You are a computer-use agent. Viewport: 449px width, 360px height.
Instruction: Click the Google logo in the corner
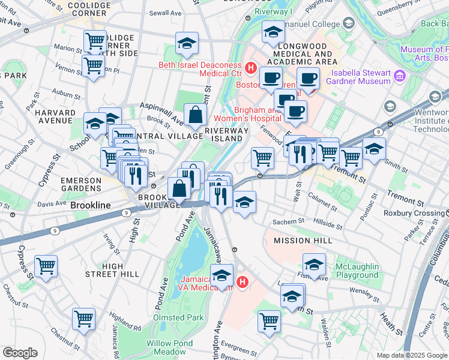pyautogui.click(x=19, y=353)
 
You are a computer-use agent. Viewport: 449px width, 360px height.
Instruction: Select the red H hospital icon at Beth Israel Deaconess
pyautogui.click(x=251, y=68)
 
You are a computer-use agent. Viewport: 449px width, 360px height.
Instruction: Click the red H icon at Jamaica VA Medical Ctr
pyautogui.click(x=243, y=281)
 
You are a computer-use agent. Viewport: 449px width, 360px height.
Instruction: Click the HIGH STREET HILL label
pyautogui.click(x=113, y=270)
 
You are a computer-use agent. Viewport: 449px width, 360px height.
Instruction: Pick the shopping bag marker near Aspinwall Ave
pyautogui.click(x=195, y=115)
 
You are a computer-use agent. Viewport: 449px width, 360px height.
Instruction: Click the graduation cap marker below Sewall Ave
pyautogui.click(x=187, y=43)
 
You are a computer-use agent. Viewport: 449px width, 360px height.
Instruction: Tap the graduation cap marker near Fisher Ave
pyautogui.click(x=314, y=264)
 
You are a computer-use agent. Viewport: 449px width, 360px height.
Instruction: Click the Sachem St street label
pyautogui.click(x=289, y=222)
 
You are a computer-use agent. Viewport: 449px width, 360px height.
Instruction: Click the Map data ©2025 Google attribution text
pyautogui.click(x=412, y=355)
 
